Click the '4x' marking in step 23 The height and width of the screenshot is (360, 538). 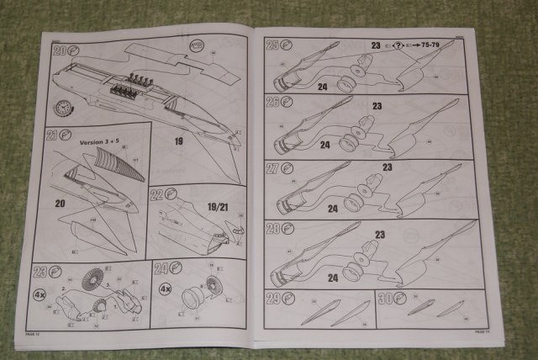tap(40, 295)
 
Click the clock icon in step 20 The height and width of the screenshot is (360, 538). tap(61, 109)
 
